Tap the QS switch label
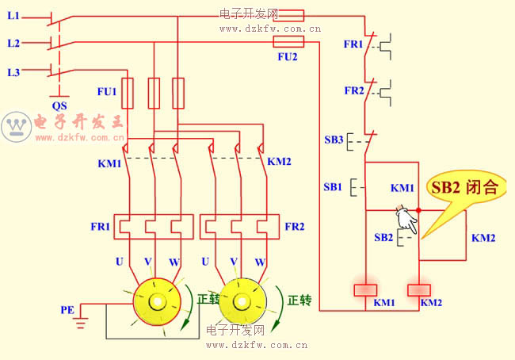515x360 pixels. coord(59,105)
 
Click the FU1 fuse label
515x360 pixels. coord(107,92)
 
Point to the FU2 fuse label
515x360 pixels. coord(288,57)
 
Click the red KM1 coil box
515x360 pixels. coord(364,289)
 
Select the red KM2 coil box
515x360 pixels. coord(418,289)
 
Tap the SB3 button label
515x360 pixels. coord(334,140)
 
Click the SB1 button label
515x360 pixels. coord(333,186)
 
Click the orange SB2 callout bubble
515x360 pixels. coord(464,189)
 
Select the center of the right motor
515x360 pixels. coord(242,302)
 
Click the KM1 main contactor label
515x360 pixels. coord(109,164)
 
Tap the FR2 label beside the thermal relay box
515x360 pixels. coord(294,226)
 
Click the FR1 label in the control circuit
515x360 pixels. coord(353,44)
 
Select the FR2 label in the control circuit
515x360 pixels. coord(353,90)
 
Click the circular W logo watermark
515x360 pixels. coord(16,125)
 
